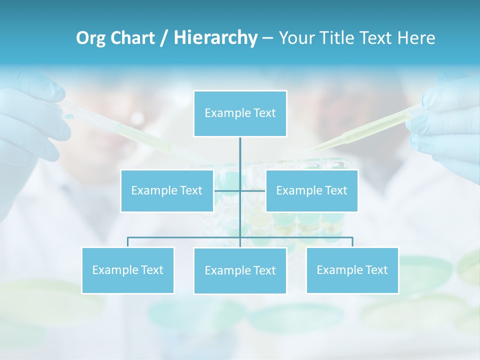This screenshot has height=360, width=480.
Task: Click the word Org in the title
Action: click(x=90, y=38)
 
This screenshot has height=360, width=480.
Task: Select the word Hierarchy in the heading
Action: click(x=215, y=38)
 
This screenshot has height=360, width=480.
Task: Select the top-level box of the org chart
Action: click(x=240, y=113)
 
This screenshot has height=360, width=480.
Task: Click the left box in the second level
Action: click(x=167, y=190)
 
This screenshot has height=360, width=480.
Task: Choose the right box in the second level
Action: click(x=311, y=190)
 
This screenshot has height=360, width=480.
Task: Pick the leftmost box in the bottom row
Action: click(x=128, y=270)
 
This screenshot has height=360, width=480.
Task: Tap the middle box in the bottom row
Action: click(x=240, y=270)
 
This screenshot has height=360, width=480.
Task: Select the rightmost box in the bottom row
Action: click(x=352, y=270)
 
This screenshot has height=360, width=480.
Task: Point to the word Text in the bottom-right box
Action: click(x=375, y=270)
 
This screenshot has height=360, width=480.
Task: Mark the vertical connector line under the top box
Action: click(x=240, y=155)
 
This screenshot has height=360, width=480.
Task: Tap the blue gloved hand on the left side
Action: click(x=30, y=120)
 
